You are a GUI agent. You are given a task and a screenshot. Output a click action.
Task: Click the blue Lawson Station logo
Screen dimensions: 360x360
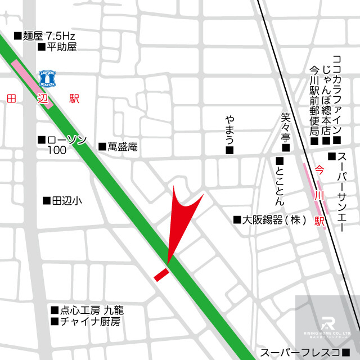47,78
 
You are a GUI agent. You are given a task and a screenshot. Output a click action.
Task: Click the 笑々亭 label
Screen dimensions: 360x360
285,128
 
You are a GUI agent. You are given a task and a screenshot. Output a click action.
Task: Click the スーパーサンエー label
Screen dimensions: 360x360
340,194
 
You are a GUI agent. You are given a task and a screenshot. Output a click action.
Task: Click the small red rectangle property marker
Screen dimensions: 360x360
161,274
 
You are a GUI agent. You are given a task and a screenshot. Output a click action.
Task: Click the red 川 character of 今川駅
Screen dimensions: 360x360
319,195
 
